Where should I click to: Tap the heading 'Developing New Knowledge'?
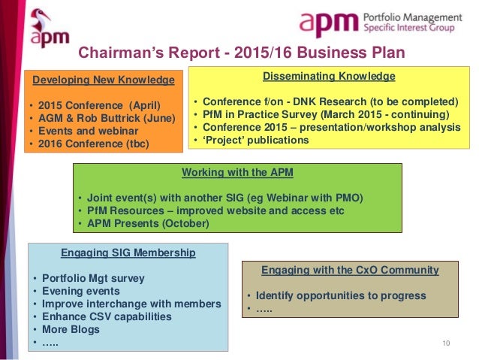[103, 80]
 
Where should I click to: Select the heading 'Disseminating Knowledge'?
[329, 76]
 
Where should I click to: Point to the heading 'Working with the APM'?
[237, 172]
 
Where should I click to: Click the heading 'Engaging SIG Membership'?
[127, 253]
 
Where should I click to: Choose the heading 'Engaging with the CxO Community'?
[350, 270]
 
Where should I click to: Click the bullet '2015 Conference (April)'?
[99, 104]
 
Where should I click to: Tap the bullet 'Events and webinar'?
[88, 130]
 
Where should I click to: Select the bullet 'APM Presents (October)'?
[148, 222]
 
